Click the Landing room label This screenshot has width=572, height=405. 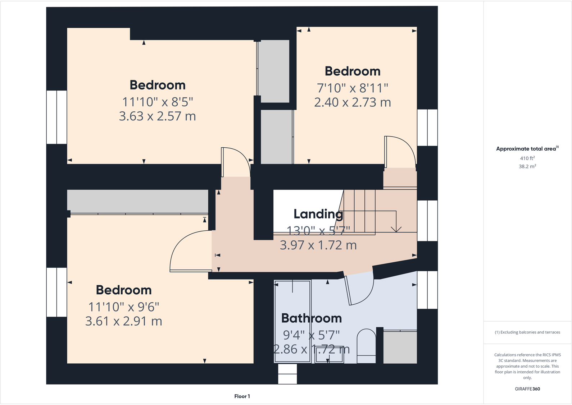click(x=318, y=214)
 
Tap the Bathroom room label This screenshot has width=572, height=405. click(x=312, y=318)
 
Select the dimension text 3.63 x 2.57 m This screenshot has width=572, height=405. click(x=158, y=116)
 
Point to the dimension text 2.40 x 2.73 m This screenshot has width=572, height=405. click(x=353, y=102)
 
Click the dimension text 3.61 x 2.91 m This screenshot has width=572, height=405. click(x=124, y=321)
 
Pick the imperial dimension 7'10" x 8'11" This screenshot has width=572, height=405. click(x=353, y=88)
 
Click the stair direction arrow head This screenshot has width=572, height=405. click(x=396, y=229)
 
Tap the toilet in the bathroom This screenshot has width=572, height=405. click(x=366, y=346)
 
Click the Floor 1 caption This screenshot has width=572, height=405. click(x=242, y=396)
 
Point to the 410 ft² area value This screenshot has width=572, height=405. click(x=527, y=158)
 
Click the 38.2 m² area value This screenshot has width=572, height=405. click(x=527, y=166)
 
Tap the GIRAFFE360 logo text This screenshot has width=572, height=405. click(x=527, y=389)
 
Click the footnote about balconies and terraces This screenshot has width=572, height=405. click(x=527, y=332)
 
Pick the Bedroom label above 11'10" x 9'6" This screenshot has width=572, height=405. click(x=124, y=290)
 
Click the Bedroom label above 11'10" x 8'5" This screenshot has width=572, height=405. click(x=158, y=85)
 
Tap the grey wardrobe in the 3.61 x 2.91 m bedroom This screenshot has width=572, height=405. click(x=137, y=201)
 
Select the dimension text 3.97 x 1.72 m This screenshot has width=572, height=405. click(x=318, y=245)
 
